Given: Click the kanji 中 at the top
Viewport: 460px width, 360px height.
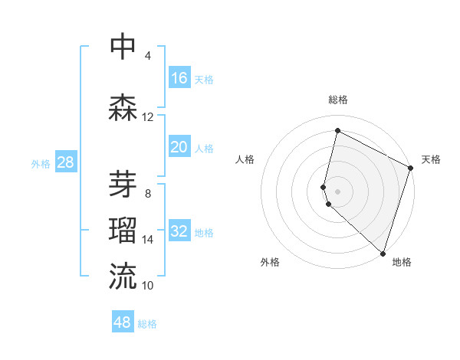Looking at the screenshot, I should [123, 46].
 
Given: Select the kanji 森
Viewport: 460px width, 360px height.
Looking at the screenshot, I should [123, 107].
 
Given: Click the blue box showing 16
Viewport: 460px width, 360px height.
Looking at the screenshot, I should [179, 77].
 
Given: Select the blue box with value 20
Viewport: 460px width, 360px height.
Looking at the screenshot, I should [179, 147].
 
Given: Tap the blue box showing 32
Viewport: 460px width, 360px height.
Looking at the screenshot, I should [179, 231].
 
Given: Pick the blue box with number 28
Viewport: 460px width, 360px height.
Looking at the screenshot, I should [65, 162].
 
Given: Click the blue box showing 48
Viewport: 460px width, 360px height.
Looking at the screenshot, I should [123, 322].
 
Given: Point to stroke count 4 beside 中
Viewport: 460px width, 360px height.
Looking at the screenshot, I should [147, 56].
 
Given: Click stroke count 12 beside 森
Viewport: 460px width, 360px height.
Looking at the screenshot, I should [147, 117].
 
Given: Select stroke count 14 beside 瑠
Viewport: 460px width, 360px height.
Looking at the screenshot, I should [147, 240].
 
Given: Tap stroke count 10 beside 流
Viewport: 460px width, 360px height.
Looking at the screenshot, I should [147, 286].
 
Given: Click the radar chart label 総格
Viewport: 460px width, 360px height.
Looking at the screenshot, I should [338, 100].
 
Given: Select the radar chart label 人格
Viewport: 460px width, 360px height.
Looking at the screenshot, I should [245, 159].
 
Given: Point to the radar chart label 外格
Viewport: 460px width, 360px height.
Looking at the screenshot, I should [270, 262].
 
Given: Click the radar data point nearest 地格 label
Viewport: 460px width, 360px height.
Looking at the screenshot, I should [383, 253].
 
